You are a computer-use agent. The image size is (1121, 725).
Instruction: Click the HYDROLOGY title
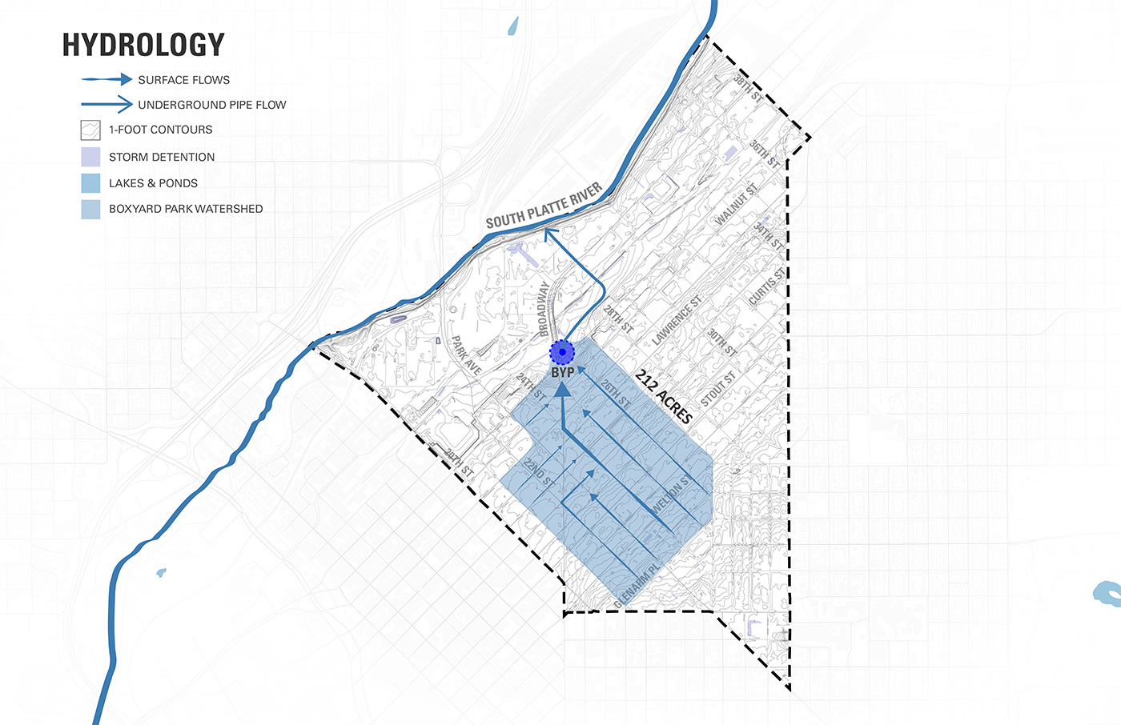click(x=143, y=45)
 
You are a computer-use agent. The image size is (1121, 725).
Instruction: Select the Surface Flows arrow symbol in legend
click(x=106, y=79)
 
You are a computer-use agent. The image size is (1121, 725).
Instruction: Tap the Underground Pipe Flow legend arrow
click(x=106, y=104)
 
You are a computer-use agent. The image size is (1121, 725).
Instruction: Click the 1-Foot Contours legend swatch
click(x=90, y=130)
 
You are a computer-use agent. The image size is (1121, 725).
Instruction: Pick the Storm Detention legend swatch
click(x=90, y=157)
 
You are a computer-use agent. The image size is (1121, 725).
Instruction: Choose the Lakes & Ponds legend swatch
click(x=90, y=183)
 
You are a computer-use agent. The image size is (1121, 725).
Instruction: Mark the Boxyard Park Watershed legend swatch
click(x=90, y=209)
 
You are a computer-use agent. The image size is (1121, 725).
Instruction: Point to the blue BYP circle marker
click(x=562, y=352)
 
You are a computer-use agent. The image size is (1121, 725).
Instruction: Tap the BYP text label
click(x=562, y=373)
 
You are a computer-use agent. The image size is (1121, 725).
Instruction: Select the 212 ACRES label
click(x=664, y=396)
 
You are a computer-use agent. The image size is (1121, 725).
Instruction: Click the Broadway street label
click(x=544, y=309)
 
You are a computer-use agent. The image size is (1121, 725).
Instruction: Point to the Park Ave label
click(x=466, y=355)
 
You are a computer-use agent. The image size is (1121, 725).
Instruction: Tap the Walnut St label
click(x=736, y=205)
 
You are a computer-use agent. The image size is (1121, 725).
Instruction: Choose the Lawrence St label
click(x=677, y=320)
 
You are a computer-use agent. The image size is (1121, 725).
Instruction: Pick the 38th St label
click(x=748, y=87)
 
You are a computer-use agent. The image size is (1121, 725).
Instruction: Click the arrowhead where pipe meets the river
click(x=548, y=233)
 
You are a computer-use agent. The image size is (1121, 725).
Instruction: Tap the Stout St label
click(x=718, y=389)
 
